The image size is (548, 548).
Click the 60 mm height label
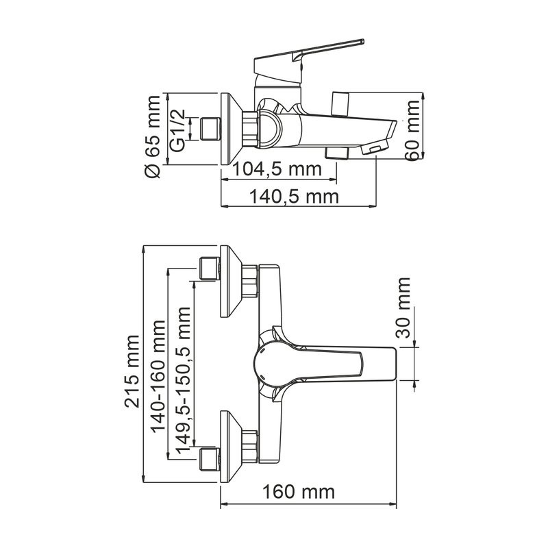pos(412,130)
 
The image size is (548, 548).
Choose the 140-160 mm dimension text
pos(159,375)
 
